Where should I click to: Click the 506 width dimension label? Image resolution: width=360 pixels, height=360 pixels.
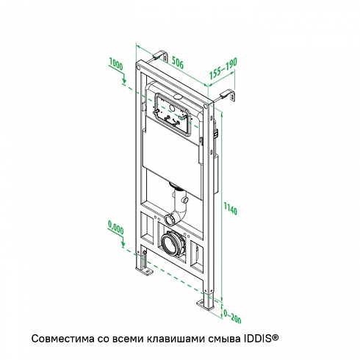[177, 62]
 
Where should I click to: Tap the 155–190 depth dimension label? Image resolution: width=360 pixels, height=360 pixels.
[223, 68]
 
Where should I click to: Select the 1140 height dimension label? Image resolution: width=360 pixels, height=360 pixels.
[231, 208]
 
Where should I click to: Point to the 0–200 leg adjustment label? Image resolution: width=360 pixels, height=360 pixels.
[232, 316]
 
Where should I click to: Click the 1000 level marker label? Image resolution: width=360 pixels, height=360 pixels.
[116, 64]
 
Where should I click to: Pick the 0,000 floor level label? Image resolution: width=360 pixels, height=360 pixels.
[115, 227]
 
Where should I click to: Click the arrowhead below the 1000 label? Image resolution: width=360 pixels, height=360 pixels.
[124, 79]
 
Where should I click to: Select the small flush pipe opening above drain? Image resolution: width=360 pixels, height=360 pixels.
[170, 220]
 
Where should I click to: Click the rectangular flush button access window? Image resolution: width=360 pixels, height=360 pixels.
[173, 114]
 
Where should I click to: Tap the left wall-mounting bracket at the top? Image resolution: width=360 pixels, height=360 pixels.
[159, 57]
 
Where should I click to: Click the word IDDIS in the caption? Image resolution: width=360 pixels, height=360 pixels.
[257, 339]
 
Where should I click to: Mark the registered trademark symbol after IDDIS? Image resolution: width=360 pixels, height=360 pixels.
[275, 337]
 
